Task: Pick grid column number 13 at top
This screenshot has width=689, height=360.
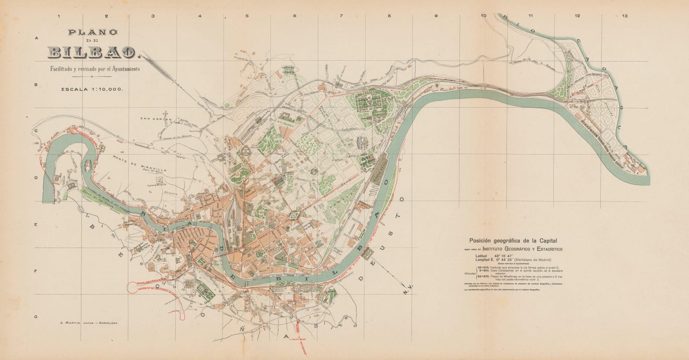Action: tap(624, 16)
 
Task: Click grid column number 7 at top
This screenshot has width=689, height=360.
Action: tap(341, 16)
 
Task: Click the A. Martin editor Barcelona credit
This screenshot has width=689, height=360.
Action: tap(89, 323)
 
